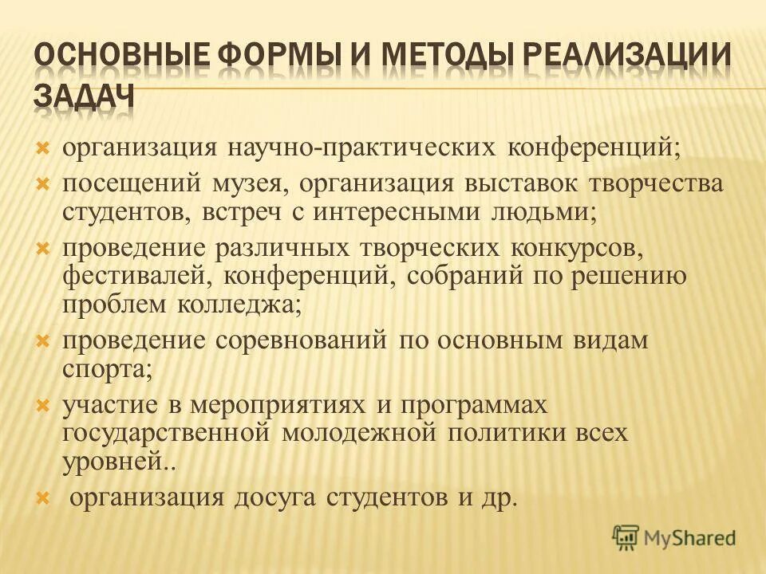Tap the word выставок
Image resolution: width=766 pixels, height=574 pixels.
(x=511, y=183)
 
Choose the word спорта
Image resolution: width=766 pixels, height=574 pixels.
(x=105, y=369)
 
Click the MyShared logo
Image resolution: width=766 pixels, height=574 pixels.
(x=674, y=537)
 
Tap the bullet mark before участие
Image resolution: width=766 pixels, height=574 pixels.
(x=44, y=405)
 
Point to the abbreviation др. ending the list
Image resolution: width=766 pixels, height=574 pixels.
(x=499, y=497)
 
